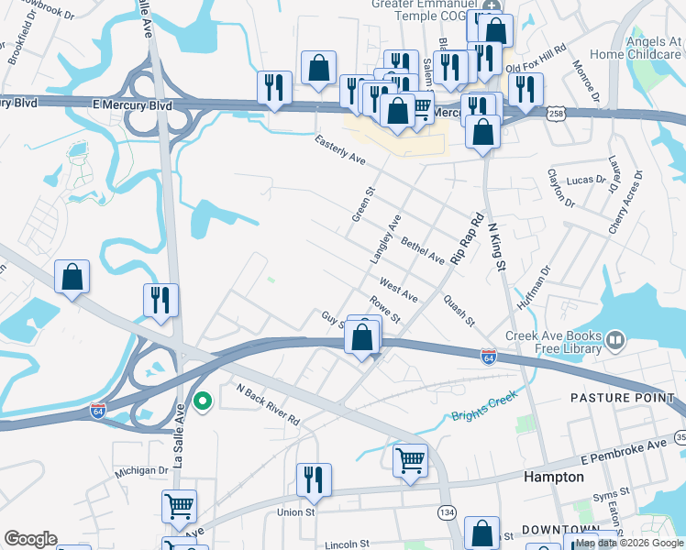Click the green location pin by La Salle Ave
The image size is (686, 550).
click(x=204, y=401)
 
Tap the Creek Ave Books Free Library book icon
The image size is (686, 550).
click(x=614, y=342)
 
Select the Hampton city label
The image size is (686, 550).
click(x=553, y=478)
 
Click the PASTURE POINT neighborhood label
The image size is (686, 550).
click(x=622, y=398)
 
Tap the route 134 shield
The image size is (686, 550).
click(x=447, y=511)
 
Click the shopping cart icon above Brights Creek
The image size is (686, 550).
click(x=410, y=458)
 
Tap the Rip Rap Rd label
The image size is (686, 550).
click(x=465, y=240)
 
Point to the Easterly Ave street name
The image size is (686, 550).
click(x=339, y=150)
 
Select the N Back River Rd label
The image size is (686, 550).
click(x=268, y=405)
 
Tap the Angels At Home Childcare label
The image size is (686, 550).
click(x=641, y=48)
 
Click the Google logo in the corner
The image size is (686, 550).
click(x=29, y=539)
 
